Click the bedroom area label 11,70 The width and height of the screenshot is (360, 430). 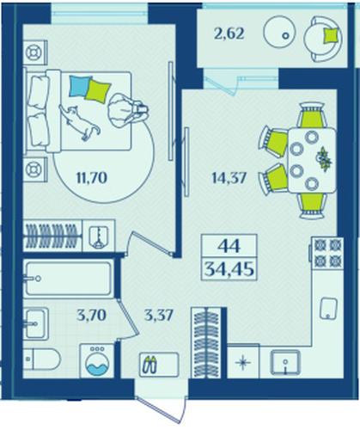point(92,178)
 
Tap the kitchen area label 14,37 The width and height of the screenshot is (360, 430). point(229,178)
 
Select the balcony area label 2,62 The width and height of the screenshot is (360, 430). point(229,34)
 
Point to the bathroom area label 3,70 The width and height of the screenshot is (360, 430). point(92,316)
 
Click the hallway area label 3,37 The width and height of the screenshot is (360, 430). point(159,316)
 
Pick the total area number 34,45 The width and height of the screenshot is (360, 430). point(229,269)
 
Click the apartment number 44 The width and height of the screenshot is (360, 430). point(229,246)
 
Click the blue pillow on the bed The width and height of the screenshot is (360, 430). point(79,86)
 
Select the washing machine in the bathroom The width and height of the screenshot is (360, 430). point(97,360)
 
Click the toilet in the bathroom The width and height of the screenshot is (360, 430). point(42,359)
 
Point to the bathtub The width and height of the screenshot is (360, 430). point(69,279)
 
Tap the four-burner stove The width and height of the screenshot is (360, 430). point(328,253)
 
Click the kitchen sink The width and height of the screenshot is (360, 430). point(285,362)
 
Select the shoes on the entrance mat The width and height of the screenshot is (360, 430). point(151,365)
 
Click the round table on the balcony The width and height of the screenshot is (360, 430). point(279,31)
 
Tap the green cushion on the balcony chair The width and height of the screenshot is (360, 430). point(332,36)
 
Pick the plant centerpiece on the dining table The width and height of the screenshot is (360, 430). point(324,159)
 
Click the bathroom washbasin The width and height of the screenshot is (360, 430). point(35,323)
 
